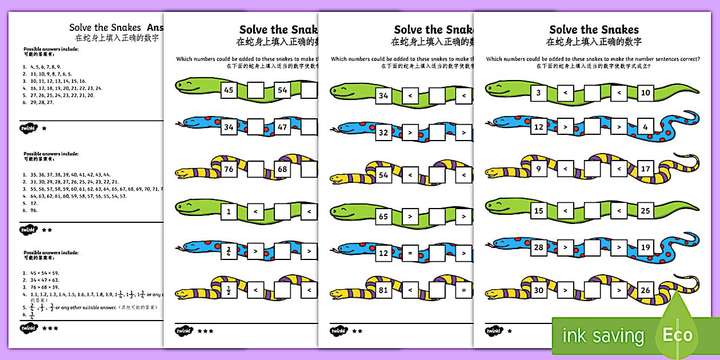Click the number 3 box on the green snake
coord(538,93)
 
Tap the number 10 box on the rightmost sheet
coord(645,93)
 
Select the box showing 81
coord(383,290)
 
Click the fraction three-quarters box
coord(229,250)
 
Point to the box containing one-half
coord(229,290)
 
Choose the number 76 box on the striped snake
coord(229,169)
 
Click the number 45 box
coord(229,90)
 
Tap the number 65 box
coord(383,217)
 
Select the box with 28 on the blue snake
coord(538,247)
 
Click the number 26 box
coord(645,290)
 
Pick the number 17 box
coord(645,169)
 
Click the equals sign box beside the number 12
coord(410,253)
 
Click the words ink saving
coord(603,336)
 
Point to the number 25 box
coord(645,211)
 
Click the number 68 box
coord(282,169)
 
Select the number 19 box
coord(645,247)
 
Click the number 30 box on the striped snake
coord(538,290)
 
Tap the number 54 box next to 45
coord(282,90)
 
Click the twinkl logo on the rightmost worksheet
coord(493,330)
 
